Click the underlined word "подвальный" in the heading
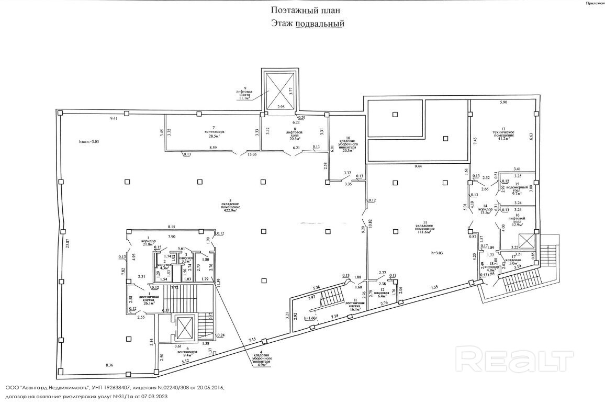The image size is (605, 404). pyautogui.click(x=320, y=23)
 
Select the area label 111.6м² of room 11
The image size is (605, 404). pyautogui.click(x=425, y=232)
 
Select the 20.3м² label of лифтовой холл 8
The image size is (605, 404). pyautogui.click(x=297, y=139)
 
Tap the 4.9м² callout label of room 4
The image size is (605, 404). pyautogui.click(x=260, y=366)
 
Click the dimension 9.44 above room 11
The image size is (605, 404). pyautogui.click(x=417, y=166)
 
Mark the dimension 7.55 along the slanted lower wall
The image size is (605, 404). pyautogui.click(x=434, y=288)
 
